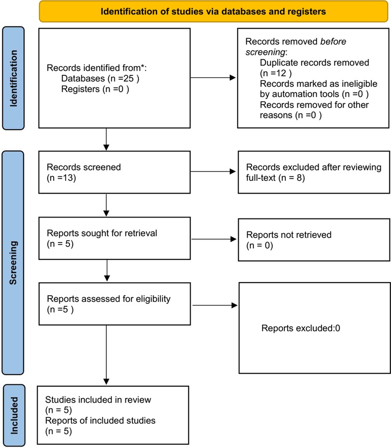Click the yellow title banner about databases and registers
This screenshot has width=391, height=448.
[213, 12]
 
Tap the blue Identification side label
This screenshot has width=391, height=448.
[13, 78]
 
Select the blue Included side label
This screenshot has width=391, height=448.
[14, 415]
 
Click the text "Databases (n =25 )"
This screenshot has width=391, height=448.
[100, 78]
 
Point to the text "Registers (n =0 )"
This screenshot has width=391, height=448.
[95, 89]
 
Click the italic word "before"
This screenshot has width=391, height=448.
[333, 41]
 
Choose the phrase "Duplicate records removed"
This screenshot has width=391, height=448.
[314, 63]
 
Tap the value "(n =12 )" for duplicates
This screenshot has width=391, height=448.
[276, 73]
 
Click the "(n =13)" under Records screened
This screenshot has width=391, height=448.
[61, 178]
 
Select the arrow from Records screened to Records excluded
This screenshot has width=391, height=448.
[213, 171]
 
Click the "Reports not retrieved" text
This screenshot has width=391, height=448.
[289, 235]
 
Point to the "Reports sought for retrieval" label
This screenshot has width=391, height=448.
[102, 233]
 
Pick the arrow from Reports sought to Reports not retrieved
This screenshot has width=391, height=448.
[214, 239]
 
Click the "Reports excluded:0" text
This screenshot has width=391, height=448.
[301, 328]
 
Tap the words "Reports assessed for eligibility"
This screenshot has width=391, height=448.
[109, 299]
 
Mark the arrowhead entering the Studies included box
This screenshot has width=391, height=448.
[106, 382]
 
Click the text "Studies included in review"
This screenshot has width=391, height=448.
[98, 399]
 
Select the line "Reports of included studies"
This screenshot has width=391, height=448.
[100, 421]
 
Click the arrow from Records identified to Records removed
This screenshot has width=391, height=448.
[213, 78]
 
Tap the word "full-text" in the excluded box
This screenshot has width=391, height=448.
[261, 178]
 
